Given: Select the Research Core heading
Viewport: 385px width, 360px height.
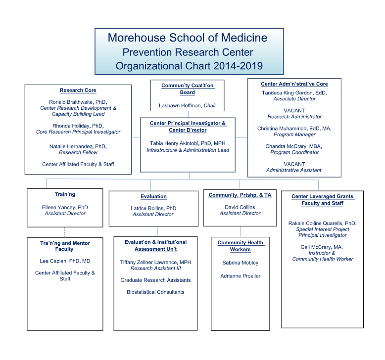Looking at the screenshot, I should coord(78,90).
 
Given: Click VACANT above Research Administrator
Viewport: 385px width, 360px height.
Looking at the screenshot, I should coord(294,111).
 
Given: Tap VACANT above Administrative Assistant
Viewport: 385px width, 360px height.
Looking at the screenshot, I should coord(294,164).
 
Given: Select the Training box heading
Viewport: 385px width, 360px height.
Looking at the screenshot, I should coord(65,195).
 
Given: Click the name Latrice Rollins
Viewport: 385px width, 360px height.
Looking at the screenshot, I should coord(147,209).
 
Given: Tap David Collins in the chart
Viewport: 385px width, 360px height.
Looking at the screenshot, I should coord(240,207).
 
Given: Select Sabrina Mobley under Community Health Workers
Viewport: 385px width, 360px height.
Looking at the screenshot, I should coord(241,263).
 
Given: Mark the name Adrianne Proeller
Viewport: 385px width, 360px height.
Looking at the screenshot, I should coord(241,276).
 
